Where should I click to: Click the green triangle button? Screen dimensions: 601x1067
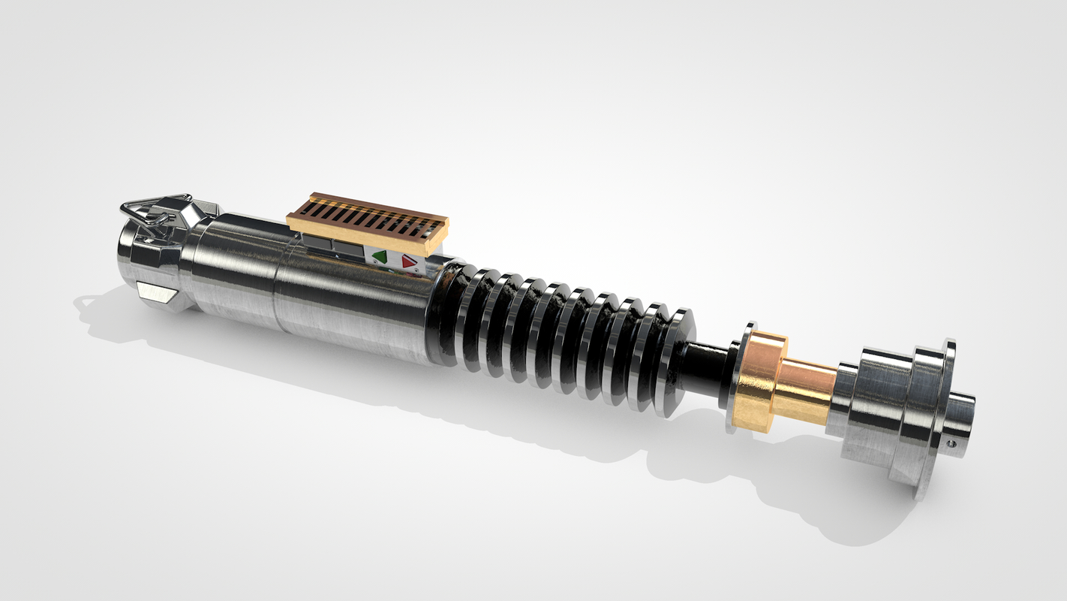380,257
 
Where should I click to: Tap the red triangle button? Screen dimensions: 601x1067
408,261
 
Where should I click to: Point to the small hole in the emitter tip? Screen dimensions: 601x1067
952,444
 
